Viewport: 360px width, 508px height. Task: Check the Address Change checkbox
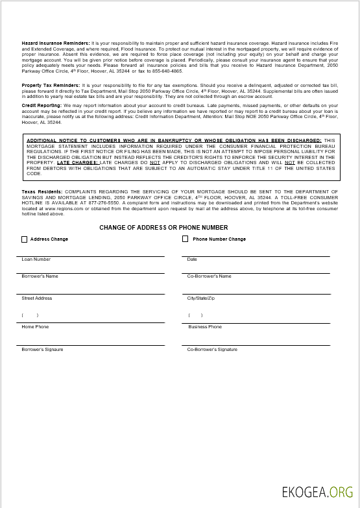[25, 239]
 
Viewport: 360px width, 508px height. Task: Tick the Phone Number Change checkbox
[185, 239]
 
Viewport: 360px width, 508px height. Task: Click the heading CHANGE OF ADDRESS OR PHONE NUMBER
[163, 228]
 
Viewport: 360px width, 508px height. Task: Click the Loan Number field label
[36, 260]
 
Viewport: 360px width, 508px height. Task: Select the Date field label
[192, 260]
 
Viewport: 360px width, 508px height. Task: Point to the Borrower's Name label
[40, 276]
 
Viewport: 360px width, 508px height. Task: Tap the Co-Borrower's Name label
[209, 276]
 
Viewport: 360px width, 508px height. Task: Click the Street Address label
[37, 298]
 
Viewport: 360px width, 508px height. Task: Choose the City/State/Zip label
[201, 298]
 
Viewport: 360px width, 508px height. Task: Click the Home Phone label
[35, 327]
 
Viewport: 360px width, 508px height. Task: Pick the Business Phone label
[205, 327]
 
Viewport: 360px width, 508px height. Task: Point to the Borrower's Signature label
[43, 350]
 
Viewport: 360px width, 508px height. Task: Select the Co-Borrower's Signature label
[212, 350]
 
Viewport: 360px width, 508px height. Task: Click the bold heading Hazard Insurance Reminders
[56, 42]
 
